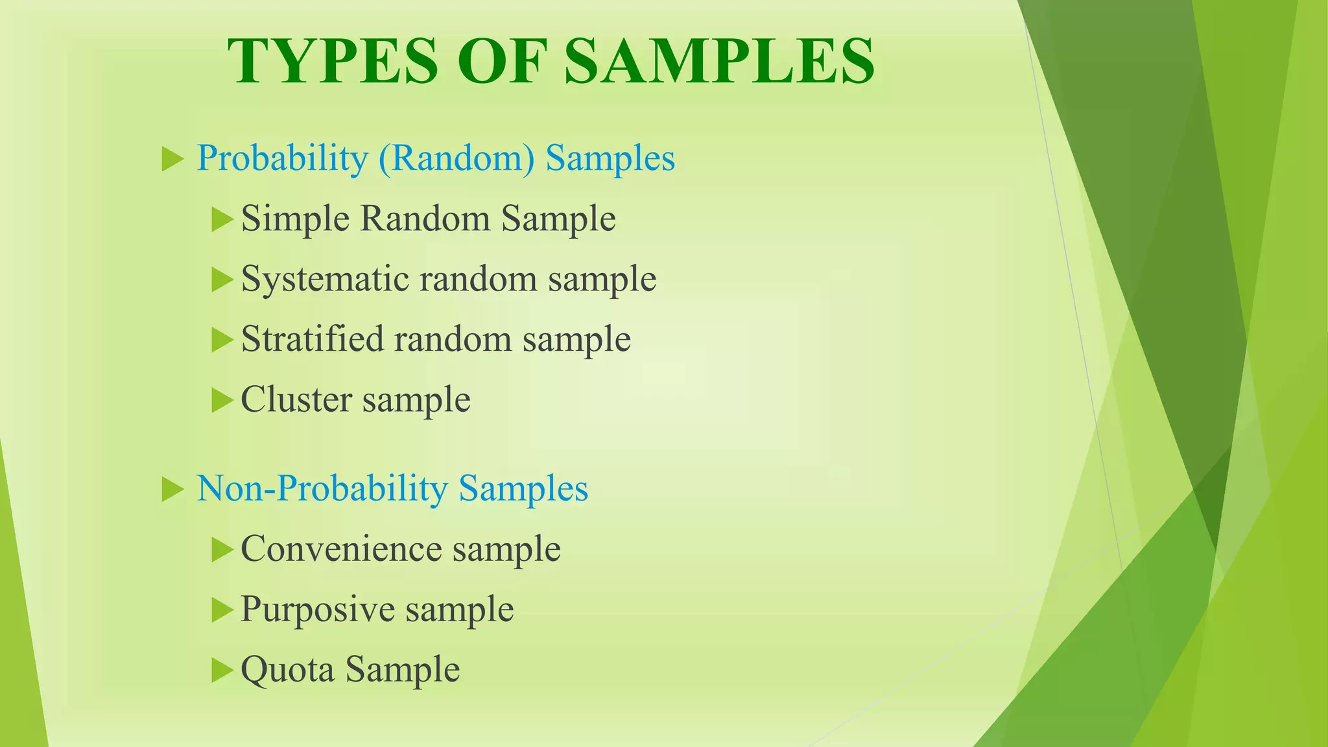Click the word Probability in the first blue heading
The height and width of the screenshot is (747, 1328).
pyautogui.click(x=282, y=158)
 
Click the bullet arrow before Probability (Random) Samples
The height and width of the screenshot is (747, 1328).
pyautogui.click(x=172, y=159)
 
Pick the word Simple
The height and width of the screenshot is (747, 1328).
pyautogui.click(x=296, y=219)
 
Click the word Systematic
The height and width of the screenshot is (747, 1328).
pyautogui.click(x=325, y=279)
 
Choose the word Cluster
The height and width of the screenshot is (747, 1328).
pyautogui.click(x=296, y=399)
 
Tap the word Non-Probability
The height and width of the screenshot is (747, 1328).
pyautogui.click(x=322, y=488)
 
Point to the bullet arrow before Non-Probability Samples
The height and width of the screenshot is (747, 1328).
pyautogui.click(x=172, y=489)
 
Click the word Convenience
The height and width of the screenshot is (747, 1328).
pyautogui.click(x=341, y=549)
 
